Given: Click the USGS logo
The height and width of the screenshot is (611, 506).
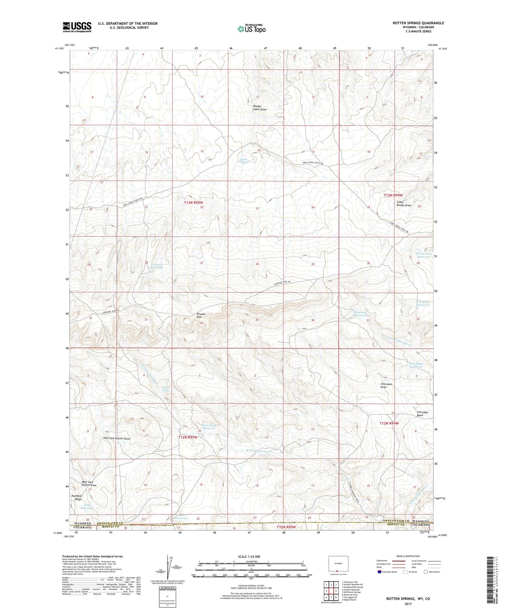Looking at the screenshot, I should point(77,27).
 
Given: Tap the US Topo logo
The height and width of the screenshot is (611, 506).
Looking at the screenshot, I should point(251,29).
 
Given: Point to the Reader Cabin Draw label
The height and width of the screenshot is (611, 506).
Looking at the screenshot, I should point(260,108).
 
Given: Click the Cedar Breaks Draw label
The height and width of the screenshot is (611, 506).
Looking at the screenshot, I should point(404,203).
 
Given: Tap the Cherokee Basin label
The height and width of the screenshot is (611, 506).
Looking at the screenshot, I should point(425,414).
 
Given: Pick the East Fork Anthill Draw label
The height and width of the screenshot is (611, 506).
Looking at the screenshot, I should point(117,438).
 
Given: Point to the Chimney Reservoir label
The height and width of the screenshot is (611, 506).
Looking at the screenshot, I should point(157,266).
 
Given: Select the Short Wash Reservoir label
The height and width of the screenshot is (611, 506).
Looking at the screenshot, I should point(209,427).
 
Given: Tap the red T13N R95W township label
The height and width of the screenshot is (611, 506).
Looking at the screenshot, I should point(194,202).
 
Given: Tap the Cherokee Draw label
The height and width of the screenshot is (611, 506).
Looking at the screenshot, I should point(386,386).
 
